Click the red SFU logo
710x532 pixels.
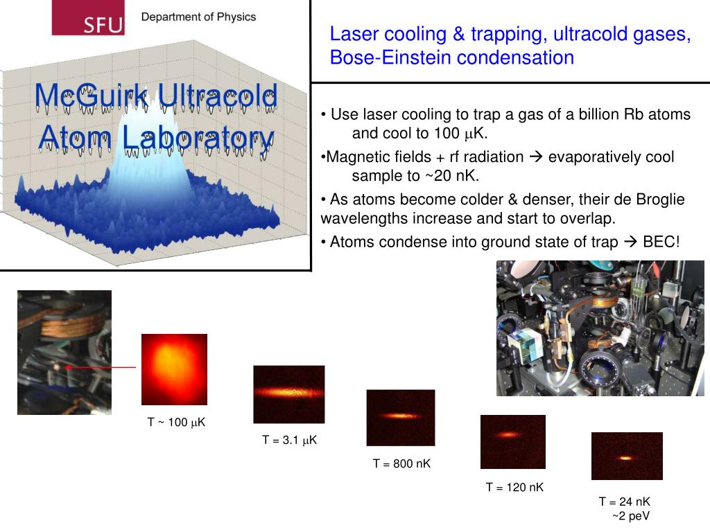click(87, 18)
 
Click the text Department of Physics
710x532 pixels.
click(198, 17)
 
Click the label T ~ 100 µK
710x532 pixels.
click(176, 422)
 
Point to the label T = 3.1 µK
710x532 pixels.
click(289, 439)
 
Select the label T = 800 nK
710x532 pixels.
click(401, 463)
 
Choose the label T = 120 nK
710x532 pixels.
click(514, 487)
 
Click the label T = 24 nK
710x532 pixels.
click(625, 502)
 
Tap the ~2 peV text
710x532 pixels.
click(631, 515)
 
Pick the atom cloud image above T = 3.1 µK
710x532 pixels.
click(288, 394)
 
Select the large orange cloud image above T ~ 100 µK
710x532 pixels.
click(174, 369)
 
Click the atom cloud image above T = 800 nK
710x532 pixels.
click(401, 418)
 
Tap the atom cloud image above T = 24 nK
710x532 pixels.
click(627, 456)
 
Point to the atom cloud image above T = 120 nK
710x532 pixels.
click(512, 441)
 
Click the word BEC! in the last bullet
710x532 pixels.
click(661, 242)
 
